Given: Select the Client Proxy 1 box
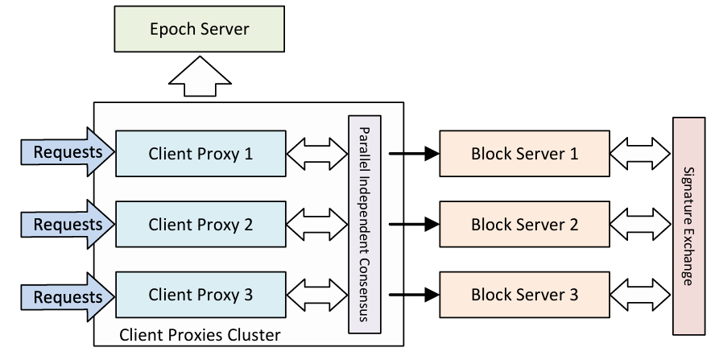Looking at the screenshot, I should [200, 152].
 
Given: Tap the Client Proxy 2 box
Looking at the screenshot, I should [200, 224].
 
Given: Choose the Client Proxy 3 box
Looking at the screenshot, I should [200, 295].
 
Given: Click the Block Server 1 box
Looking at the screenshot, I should [524, 152].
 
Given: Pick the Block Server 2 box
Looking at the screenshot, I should [524, 224].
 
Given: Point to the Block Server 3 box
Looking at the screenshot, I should [524, 295].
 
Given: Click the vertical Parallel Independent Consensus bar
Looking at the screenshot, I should [364, 224].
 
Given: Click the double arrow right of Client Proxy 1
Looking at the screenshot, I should [316, 152].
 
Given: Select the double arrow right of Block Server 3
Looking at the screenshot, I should [640, 295].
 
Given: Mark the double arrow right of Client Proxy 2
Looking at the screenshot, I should [316, 224].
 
